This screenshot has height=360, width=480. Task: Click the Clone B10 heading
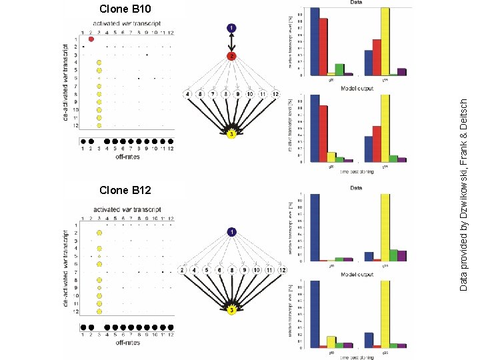(125, 9)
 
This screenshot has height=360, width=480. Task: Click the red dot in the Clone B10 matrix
(91, 39)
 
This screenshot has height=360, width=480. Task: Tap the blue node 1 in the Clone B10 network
(231, 28)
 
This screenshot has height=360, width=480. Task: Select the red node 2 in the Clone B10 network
(231, 56)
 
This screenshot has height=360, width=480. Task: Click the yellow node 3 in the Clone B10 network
(231, 135)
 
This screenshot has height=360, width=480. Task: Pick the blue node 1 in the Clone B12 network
(231, 232)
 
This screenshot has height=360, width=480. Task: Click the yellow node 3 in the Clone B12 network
(231, 310)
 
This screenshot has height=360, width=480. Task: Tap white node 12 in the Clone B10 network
(275, 94)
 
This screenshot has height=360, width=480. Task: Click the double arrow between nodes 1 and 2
(231, 42)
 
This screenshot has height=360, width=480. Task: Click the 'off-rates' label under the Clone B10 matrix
(127, 157)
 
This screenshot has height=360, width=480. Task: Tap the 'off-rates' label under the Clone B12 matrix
(127, 343)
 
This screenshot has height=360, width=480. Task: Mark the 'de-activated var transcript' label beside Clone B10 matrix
(65, 84)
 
